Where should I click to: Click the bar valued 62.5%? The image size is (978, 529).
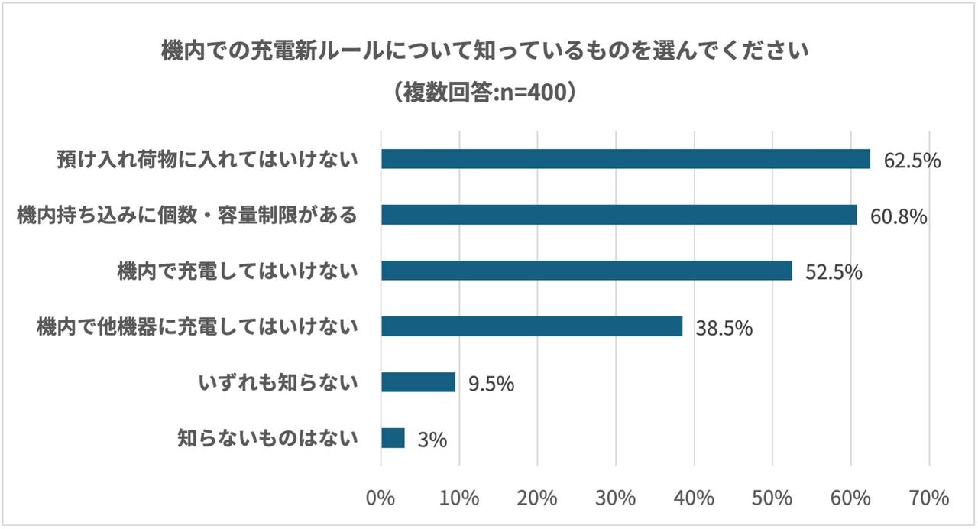click(x=626, y=159)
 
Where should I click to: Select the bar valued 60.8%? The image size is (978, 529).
click(x=619, y=215)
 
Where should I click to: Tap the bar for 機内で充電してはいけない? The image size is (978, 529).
click(x=587, y=271)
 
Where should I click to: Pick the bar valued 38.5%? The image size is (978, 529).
click(x=532, y=326)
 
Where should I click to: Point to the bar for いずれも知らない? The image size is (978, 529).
click(x=418, y=382)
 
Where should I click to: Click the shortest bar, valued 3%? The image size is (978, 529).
click(x=393, y=438)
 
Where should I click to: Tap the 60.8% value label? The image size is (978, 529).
click(x=899, y=216)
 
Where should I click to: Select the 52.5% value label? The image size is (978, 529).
click(x=834, y=272)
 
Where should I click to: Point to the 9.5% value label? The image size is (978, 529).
click(x=491, y=384)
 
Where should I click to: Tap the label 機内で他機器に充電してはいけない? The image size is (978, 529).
click(x=197, y=327)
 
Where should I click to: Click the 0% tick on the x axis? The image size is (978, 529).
click(x=381, y=498)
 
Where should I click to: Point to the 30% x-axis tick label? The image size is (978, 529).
click(x=616, y=498)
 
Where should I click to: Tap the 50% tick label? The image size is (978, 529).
click(x=772, y=498)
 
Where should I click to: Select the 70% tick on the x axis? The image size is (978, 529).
click(x=929, y=498)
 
